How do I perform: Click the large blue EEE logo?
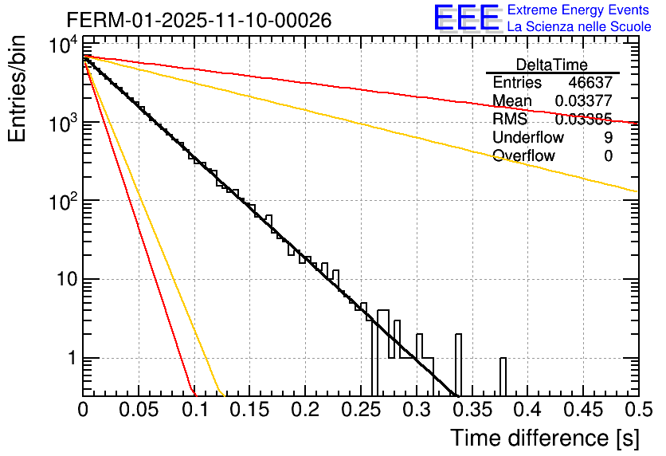tap(466, 18)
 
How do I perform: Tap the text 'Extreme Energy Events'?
tap(578, 10)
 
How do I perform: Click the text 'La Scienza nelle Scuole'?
tap(578, 26)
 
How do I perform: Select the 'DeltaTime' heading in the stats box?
tap(552, 65)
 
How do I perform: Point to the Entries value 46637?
tap(590, 83)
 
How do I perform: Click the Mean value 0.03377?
tap(584, 101)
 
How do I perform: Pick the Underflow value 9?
tap(609, 138)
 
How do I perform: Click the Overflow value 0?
tap(609, 156)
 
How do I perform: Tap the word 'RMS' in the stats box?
tap(510, 120)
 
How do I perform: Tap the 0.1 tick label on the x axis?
tap(194, 410)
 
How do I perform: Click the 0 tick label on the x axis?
tap(83, 410)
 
